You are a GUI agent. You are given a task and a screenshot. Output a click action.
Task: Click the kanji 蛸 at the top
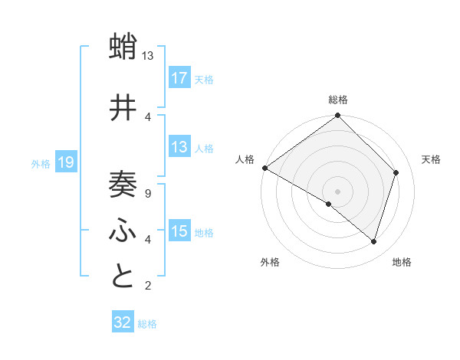click(123, 47)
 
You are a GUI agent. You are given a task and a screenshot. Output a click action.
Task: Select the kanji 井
click(123, 108)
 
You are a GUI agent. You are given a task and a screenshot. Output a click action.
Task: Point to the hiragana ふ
click(123, 231)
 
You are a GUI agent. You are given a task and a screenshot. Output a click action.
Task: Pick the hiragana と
click(123, 277)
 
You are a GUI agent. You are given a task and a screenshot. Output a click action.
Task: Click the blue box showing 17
click(179, 77)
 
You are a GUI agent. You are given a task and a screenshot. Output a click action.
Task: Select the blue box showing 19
click(66, 162)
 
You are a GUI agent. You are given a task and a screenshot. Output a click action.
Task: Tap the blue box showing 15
click(179, 231)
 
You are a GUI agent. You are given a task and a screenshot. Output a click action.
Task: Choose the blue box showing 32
click(123, 322)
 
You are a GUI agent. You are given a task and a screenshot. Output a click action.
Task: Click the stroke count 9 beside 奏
click(147, 194)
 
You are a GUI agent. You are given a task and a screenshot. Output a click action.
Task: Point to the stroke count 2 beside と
click(147, 286)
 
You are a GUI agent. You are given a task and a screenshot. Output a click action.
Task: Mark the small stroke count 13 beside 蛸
click(148, 56)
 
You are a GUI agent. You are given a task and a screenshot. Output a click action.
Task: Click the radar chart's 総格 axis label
click(337, 100)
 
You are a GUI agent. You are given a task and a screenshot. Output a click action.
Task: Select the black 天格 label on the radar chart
click(431, 159)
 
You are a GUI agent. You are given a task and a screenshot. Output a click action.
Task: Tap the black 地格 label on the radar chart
click(402, 262)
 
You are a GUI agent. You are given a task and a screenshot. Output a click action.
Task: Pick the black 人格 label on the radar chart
click(245, 159)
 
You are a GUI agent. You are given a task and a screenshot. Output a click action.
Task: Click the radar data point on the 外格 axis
click(329, 204)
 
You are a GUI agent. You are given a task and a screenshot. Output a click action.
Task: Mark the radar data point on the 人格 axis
click(264, 168)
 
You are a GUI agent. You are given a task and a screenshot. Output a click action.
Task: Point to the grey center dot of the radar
click(337, 191)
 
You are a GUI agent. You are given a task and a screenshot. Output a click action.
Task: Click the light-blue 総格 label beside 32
click(147, 323)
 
